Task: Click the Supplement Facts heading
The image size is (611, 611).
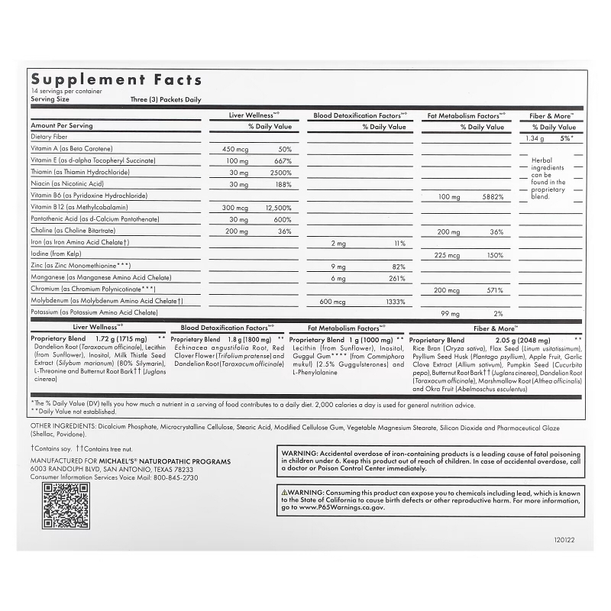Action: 116,79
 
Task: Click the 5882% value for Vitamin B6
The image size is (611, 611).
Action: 491,196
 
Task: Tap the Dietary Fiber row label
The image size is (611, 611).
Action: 50,137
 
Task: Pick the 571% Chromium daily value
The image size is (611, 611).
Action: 493,290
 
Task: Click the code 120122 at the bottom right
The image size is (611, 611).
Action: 564,537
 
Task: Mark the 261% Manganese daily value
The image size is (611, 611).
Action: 395,279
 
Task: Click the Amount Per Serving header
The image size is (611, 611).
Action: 62,125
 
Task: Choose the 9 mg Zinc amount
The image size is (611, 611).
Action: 338,267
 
